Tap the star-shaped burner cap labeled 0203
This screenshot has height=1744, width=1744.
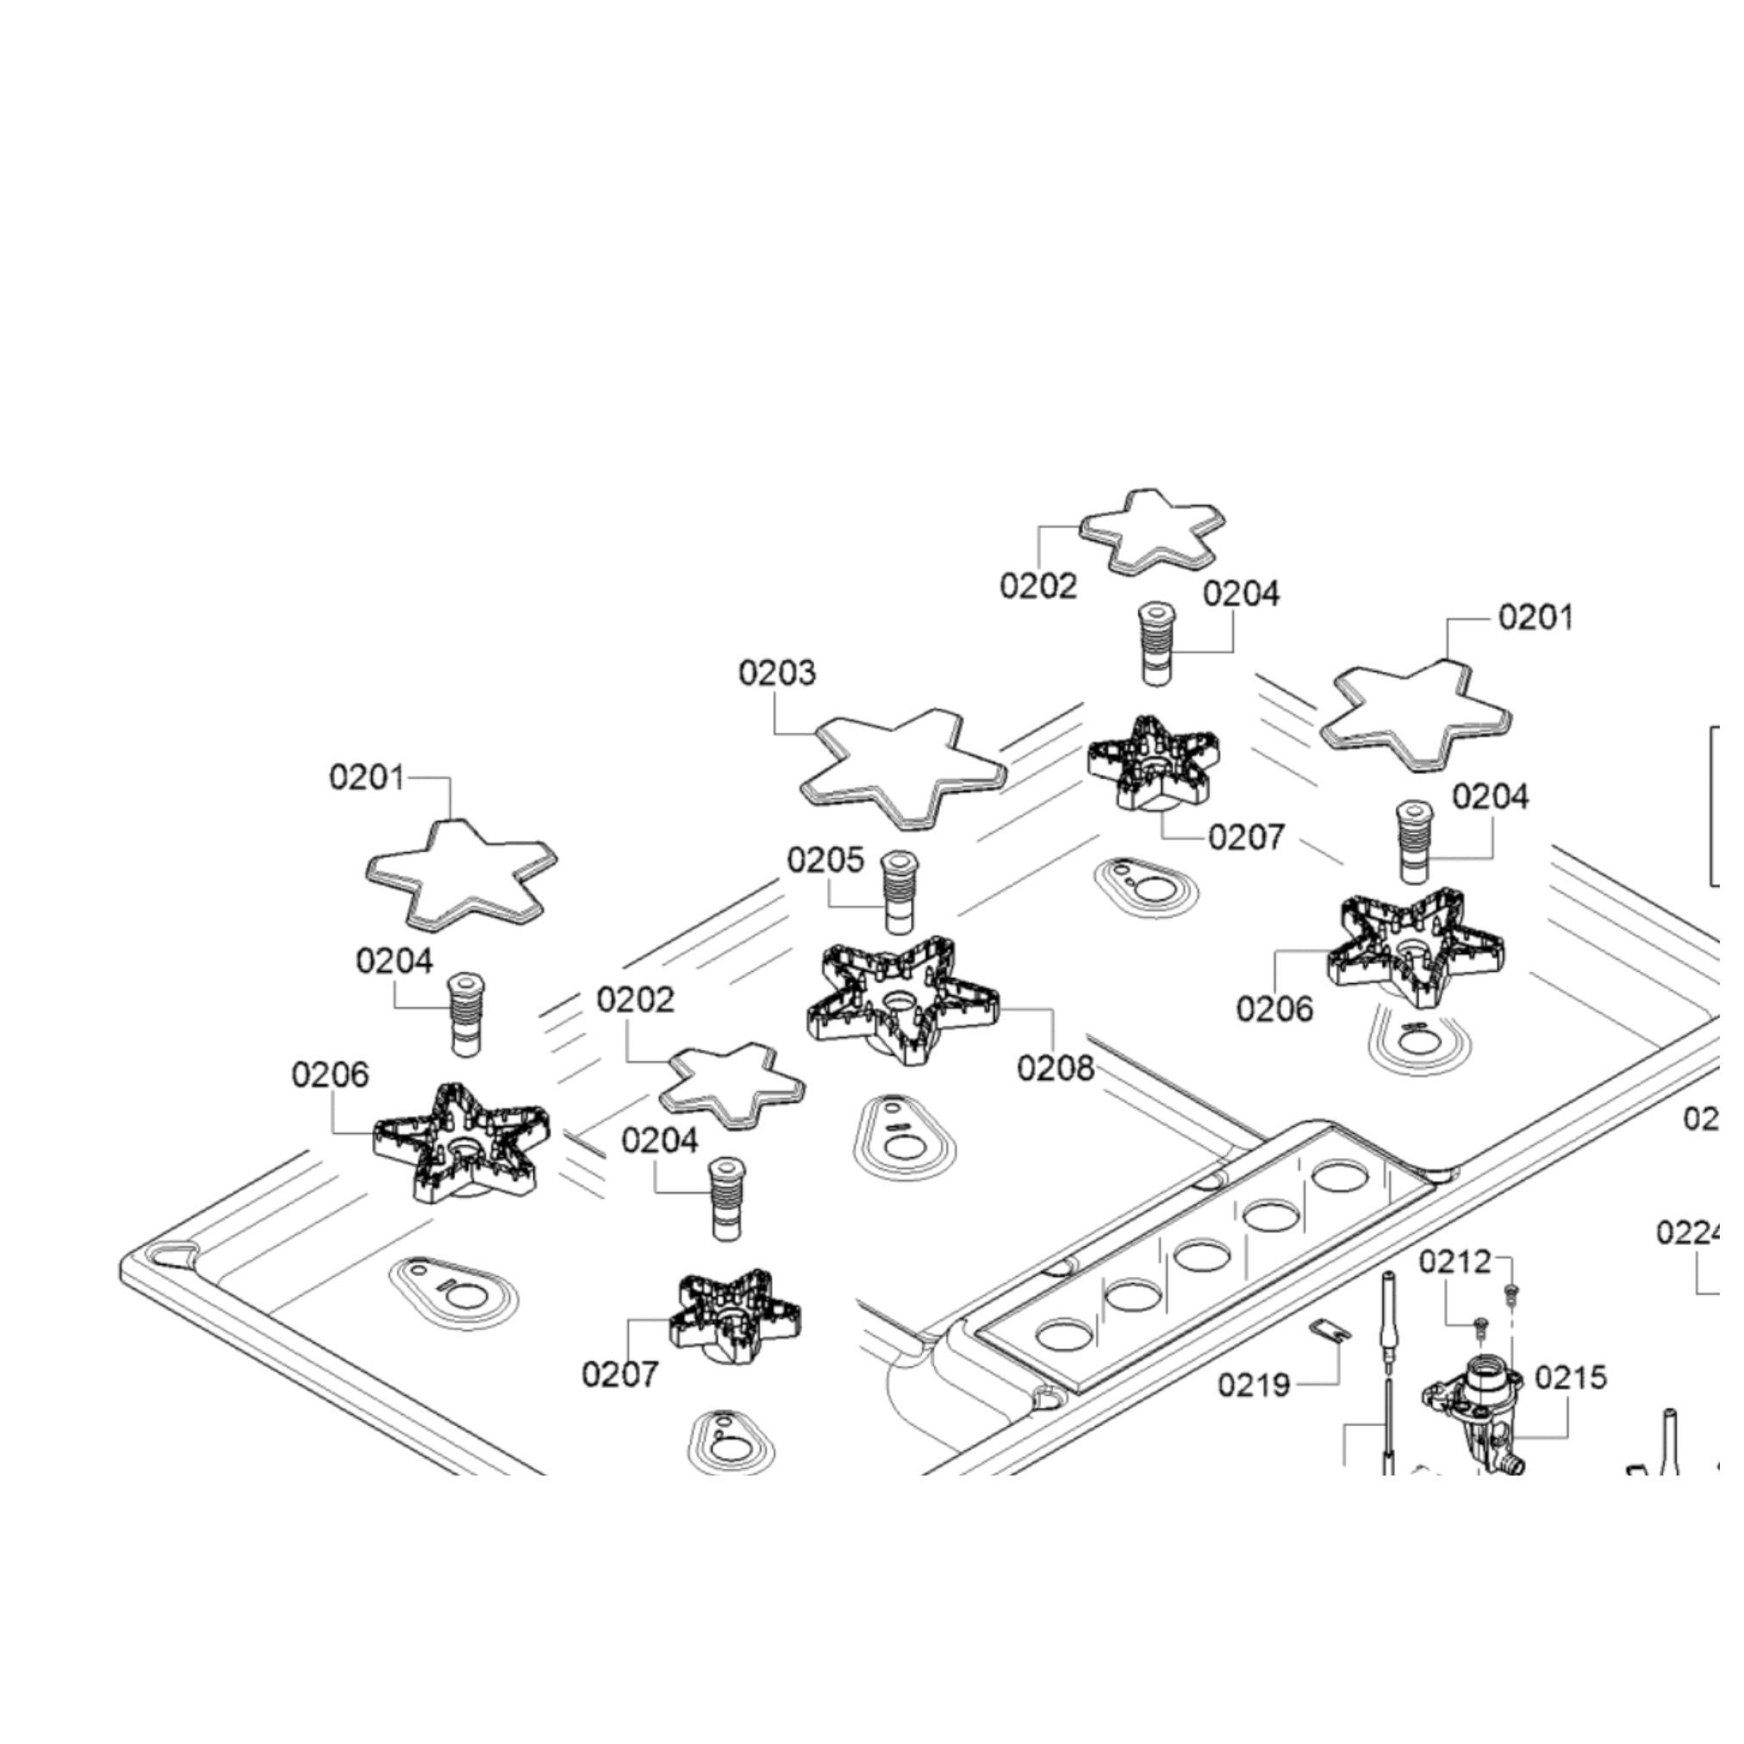tap(903, 769)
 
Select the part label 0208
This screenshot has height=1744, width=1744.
tap(1056, 1068)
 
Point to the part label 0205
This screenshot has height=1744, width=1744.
tap(825, 860)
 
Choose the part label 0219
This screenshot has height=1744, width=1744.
tap(1254, 1384)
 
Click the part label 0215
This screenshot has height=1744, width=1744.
tap(1571, 1378)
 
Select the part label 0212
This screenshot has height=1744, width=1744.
tap(1455, 1262)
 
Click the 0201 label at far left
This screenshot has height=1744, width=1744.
tap(366, 777)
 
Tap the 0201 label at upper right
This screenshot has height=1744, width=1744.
tap(1535, 619)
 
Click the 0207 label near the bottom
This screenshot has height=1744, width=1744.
tap(620, 1375)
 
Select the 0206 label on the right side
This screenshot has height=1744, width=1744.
tap(1274, 1009)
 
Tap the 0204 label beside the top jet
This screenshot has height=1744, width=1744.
tap(1241, 594)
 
